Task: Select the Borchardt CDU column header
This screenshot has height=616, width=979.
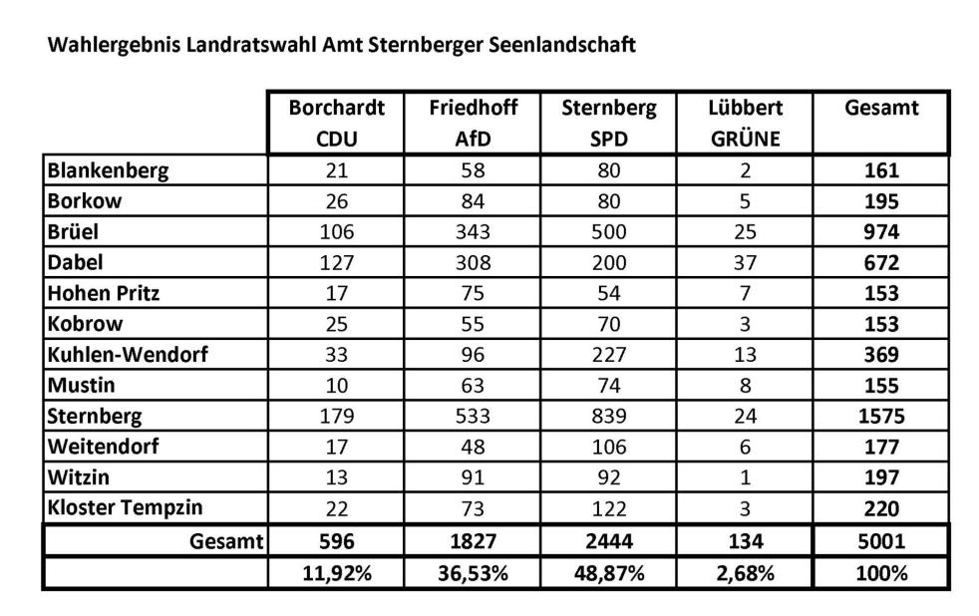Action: (337, 123)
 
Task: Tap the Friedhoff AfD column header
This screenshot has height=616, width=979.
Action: (473, 123)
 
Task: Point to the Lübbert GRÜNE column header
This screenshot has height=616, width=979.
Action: (746, 123)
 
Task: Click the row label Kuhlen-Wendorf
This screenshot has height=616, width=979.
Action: (128, 355)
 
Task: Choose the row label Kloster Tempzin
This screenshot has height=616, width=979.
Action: (125, 507)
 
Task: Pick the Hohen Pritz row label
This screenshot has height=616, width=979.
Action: (103, 293)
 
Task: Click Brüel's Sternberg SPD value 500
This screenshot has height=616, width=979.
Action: (609, 232)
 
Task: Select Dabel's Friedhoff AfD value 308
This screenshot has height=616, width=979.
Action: (473, 263)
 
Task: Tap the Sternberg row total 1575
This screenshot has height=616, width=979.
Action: (881, 416)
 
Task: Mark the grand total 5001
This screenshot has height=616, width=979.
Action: (881, 541)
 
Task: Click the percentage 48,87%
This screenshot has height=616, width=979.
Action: (609, 573)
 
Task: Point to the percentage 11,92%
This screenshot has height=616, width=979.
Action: (337, 573)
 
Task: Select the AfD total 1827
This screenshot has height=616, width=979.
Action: (473, 541)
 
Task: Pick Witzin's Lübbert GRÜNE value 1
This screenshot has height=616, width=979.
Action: (745, 477)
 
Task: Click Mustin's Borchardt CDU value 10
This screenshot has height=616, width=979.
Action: (337, 385)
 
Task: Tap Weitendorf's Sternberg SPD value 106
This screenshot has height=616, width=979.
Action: (609, 447)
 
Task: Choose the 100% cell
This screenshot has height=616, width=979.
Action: (881, 573)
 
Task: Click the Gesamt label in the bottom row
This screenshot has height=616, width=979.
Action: (226, 541)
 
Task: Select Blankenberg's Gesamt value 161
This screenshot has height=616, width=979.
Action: (881, 170)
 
